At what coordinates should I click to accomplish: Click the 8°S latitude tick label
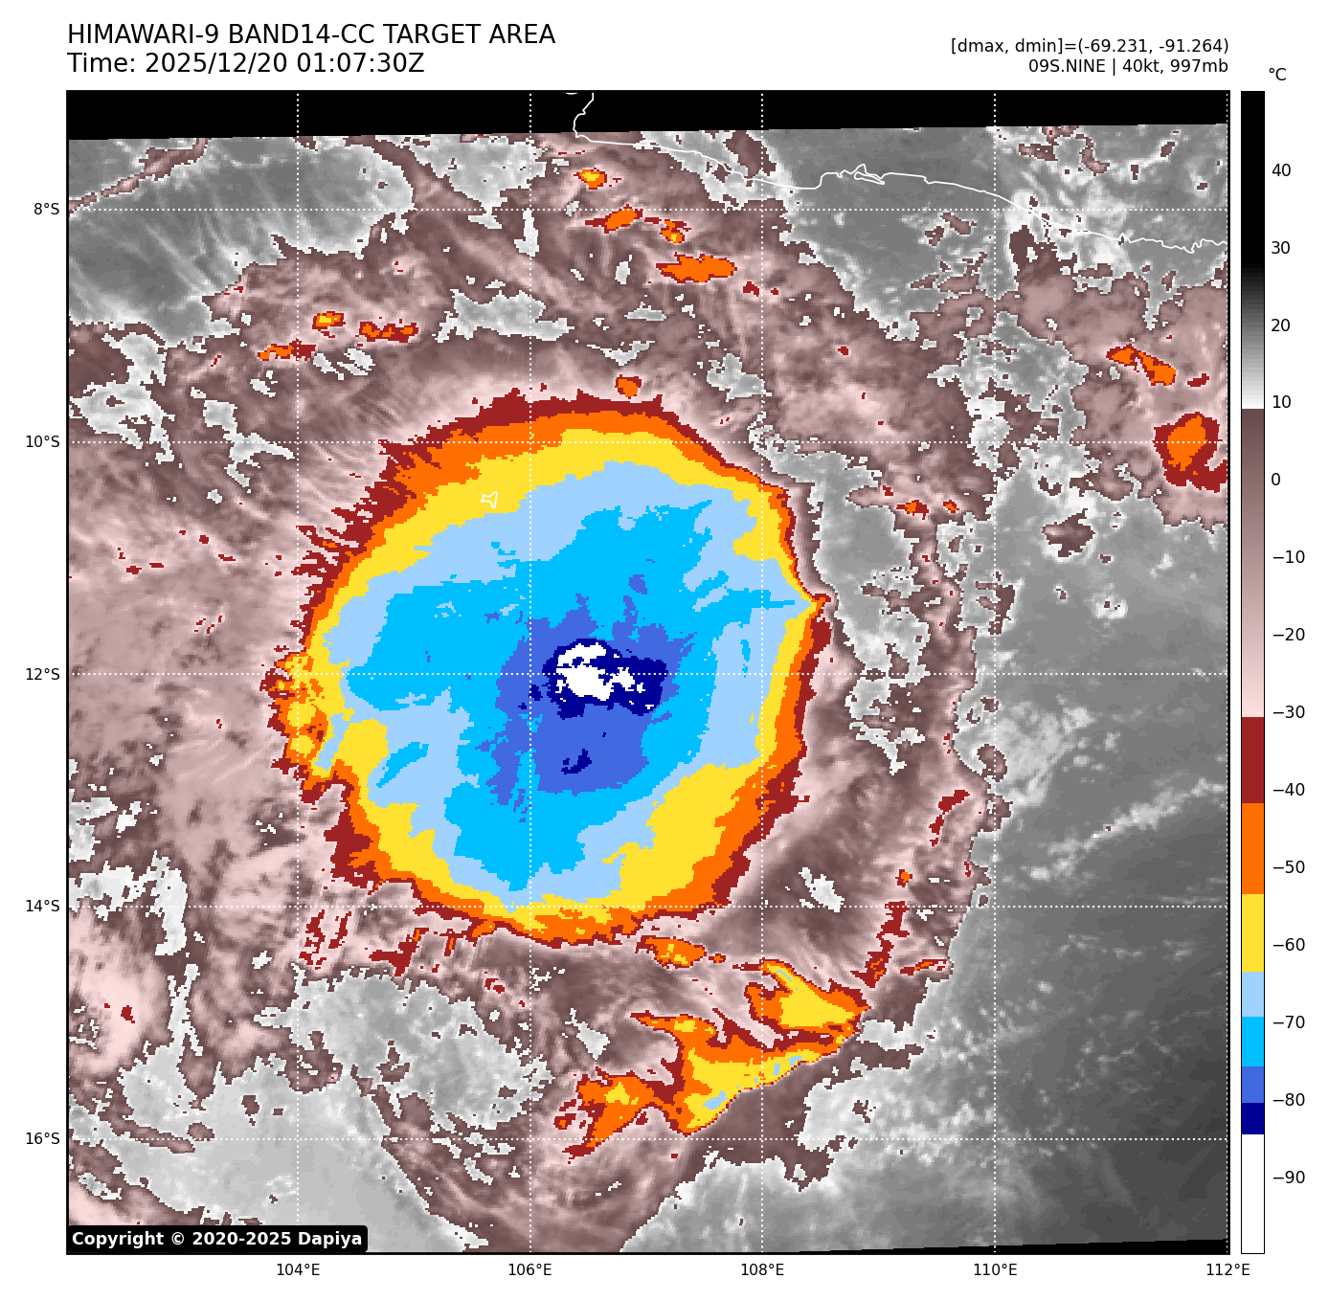pos(46,210)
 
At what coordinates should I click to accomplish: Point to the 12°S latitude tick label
pos(42,674)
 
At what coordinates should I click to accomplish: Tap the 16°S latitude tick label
pos(42,1138)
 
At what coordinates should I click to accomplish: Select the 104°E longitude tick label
pos(298,1270)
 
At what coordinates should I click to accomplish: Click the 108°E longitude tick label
pos(762,1270)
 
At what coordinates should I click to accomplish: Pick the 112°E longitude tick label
pos(1227,1270)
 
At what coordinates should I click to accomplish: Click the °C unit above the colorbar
pos(1276,75)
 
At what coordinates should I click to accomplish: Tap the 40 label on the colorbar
pos(1280,170)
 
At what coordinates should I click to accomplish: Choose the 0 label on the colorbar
pos(1275,480)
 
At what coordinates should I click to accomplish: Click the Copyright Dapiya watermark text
pos(217,1239)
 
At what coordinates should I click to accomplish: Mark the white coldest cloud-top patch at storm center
pos(592,672)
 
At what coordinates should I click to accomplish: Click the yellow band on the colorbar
pos(1252,933)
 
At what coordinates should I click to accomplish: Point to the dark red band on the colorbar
pos(1252,760)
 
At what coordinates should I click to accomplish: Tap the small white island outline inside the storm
pos(490,499)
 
